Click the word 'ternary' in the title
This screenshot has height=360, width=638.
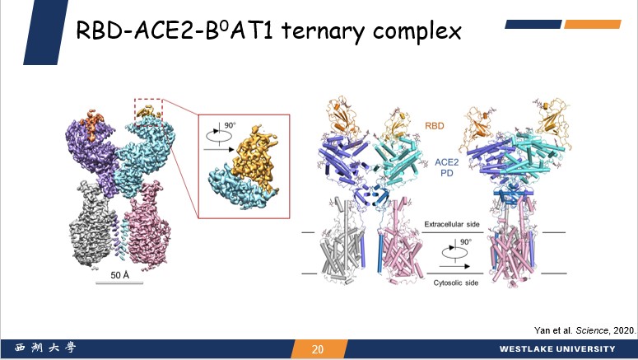coord(321,31)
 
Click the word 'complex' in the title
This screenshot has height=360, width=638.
coord(417,32)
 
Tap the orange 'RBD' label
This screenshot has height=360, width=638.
coord(434,126)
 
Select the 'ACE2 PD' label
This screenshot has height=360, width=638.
coord(447,167)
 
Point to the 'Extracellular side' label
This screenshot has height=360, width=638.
coord(452,224)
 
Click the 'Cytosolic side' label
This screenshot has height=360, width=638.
coord(456,283)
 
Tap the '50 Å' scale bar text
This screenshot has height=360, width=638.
coord(119,275)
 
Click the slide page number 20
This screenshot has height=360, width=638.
coord(318,349)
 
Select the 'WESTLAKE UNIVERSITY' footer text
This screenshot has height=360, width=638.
coord(557,349)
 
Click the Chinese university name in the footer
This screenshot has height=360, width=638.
coord(45,348)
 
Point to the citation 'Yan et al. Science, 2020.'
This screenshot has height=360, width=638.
coord(585,330)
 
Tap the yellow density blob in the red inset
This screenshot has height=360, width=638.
coord(255,159)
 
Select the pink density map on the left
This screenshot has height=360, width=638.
coord(148,230)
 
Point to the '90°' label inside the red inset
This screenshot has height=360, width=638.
coord(230,125)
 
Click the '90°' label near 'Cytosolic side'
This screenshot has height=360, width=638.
coord(466,242)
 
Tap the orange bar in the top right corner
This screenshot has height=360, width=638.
coord(593,25)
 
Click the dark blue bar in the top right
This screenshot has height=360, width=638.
coord(533,25)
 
